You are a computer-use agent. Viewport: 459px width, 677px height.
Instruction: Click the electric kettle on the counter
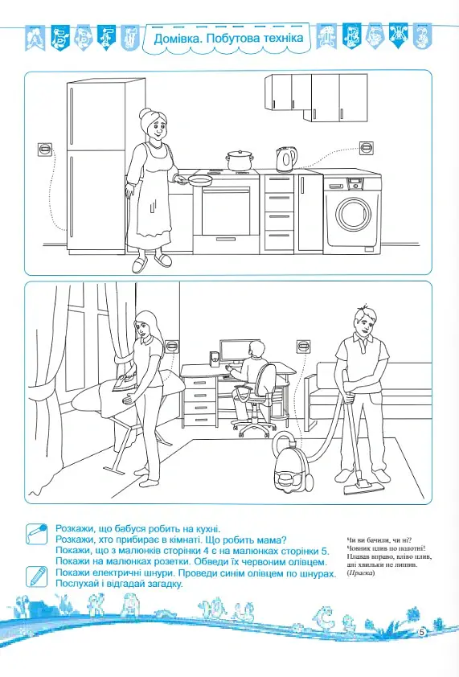286,159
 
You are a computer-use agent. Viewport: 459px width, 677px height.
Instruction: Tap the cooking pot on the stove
239,161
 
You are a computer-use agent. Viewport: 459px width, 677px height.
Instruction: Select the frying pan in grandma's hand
196,180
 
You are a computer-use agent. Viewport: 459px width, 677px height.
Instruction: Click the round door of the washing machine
352,215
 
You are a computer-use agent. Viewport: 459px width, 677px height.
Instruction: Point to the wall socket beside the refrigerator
45,150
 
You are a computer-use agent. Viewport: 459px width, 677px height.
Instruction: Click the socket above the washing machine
367,148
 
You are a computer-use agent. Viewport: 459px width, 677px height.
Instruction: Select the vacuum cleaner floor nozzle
363,489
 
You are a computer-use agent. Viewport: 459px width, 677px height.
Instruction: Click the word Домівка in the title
178,39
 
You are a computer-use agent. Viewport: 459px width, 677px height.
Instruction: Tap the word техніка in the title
283,39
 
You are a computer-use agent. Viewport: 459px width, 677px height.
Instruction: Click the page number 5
422,633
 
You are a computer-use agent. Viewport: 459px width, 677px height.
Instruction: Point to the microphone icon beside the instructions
36,535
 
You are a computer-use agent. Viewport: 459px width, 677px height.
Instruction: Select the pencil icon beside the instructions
36,576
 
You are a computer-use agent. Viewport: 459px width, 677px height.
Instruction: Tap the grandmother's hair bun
144,113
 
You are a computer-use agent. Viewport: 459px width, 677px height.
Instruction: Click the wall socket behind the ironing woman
172,346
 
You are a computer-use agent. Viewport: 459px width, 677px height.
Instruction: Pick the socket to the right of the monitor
304,347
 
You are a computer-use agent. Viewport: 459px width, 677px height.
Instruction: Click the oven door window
225,212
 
